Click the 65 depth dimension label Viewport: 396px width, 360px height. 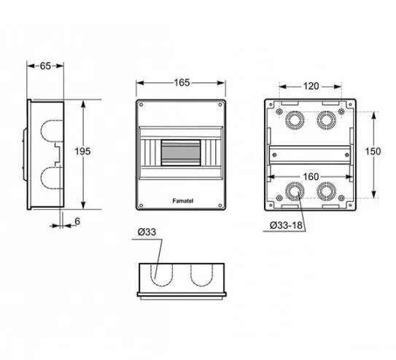click(x=45, y=66)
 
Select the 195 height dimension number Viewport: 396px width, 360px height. click(x=82, y=152)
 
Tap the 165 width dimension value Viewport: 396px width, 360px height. click(x=182, y=82)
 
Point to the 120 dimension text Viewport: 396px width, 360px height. click(x=311, y=86)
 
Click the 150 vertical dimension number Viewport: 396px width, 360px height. click(x=373, y=152)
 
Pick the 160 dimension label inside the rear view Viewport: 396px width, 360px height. click(x=311, y=177)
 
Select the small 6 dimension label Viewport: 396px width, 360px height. click(x=77, y=222)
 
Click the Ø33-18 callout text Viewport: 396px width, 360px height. click(x=286, y=225)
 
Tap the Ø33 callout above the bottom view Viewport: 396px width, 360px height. click(x=147, y=232)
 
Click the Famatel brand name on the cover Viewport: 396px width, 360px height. click(x=183, y=201)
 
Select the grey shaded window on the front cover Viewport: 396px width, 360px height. click(x=181, y=153)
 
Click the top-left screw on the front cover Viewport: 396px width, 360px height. click(x=141, y=105)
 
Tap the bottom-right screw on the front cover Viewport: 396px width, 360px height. click(x=220, y=206)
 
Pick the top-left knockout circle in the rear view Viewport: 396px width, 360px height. click(x=295, y=120)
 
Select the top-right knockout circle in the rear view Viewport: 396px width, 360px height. click(x=326, y=120)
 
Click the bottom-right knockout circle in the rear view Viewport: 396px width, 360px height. click(x=326, y=191)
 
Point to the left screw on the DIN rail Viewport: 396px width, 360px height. click(x=275, y=155)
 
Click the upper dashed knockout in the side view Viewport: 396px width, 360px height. click(x=41, y=131)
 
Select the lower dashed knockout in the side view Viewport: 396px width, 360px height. click(x=41, y=177)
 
